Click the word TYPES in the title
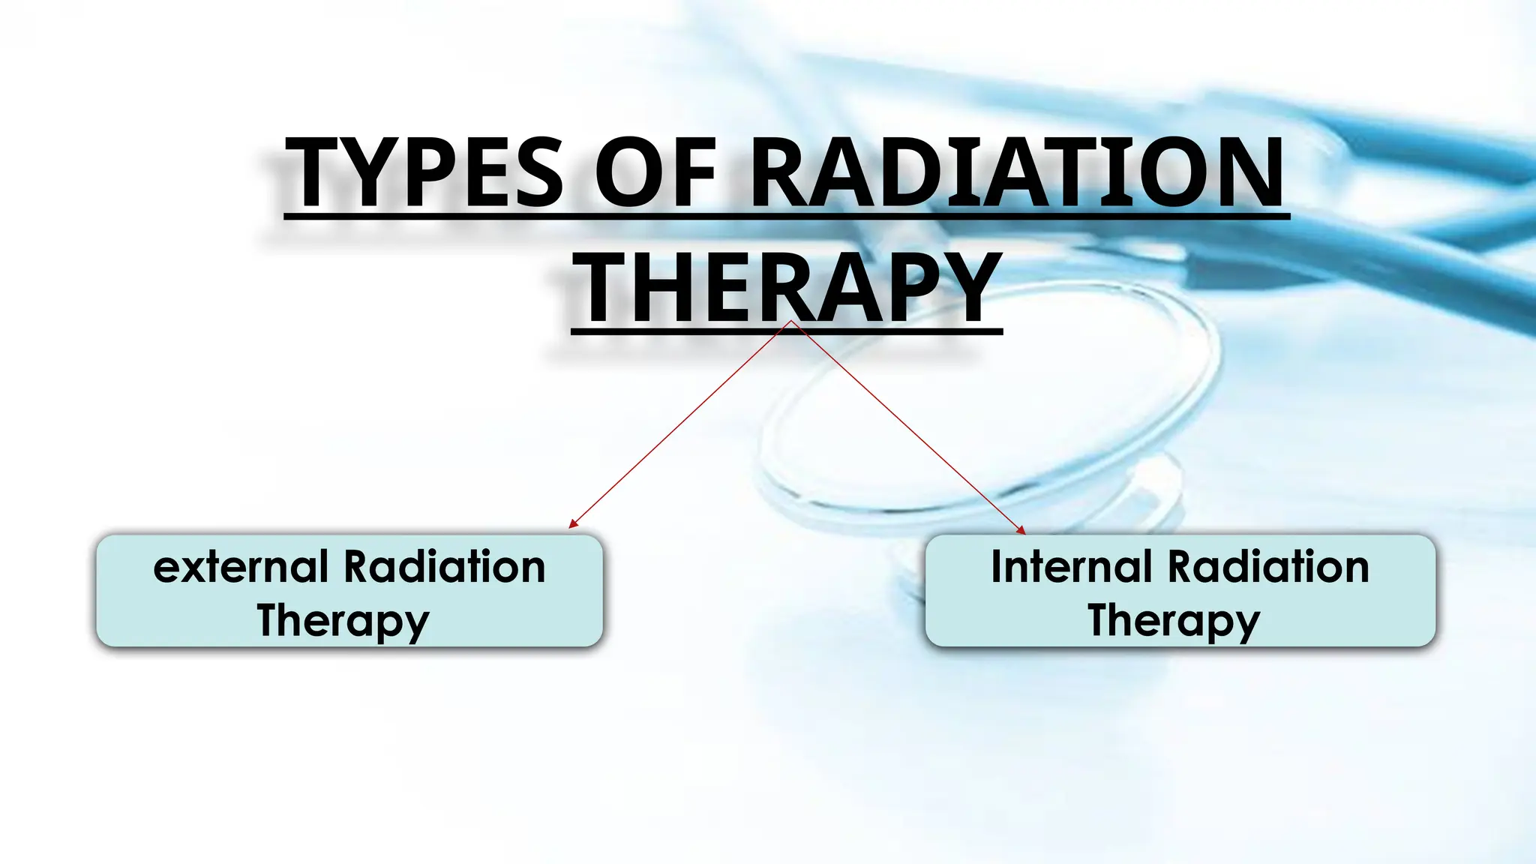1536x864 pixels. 424,174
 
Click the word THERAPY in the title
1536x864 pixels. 787,289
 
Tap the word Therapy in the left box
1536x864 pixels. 343,621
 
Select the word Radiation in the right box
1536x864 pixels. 1268,567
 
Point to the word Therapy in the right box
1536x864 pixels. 1174,621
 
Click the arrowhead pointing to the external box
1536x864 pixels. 572,524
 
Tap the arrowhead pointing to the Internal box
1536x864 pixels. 1021,530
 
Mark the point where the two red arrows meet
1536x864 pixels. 790,321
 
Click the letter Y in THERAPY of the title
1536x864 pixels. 967,289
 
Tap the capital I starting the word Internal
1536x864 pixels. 997,567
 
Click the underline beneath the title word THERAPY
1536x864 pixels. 787,331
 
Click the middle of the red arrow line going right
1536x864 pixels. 907,427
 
